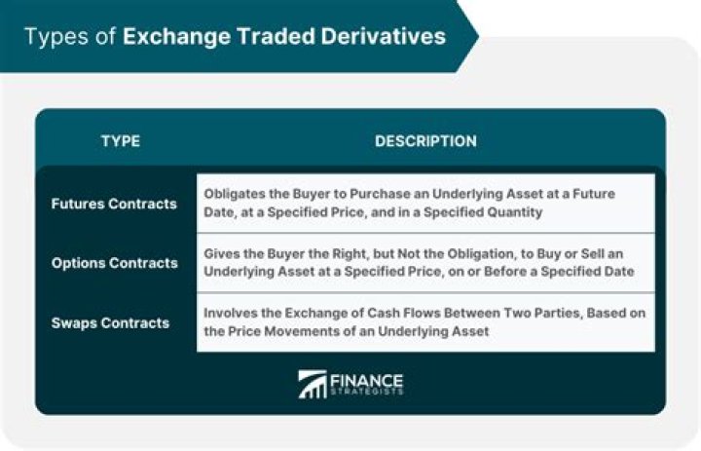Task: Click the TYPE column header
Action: point(120,141)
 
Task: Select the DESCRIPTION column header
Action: point(425,141)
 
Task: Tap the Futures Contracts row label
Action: point(114,204)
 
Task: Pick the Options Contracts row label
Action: point(114,263)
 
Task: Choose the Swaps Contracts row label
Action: point(110,322)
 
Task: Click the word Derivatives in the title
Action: point(387,37)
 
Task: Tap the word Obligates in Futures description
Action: point(234,194)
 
